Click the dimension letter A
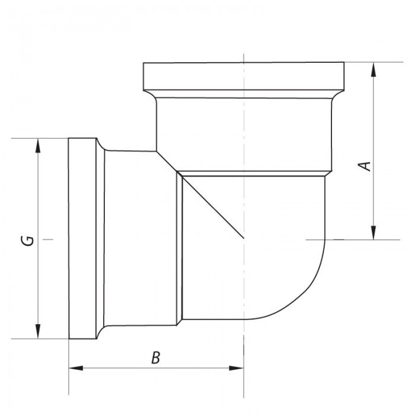(367, 165)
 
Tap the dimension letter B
(155, 357)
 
